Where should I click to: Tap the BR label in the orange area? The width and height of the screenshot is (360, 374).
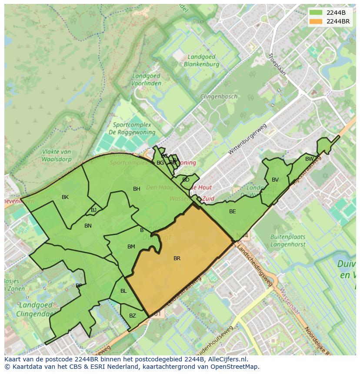tap(177, 258)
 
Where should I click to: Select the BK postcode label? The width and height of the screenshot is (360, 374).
tap(65, 197)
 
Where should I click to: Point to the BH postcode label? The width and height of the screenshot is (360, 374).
tap(137, 189)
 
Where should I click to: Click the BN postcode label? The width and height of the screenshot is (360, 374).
tap(88, 226)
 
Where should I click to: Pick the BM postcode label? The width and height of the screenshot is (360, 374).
tap(131, 247)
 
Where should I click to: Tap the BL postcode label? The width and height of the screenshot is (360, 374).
tap(123, 291)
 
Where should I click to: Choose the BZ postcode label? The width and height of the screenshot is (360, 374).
tap(133, 316)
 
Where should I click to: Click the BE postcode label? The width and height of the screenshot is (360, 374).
tap(233, 212)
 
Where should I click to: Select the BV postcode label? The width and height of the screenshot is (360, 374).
tap(275, 180)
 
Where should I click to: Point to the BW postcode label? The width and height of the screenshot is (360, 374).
tap(309, 159)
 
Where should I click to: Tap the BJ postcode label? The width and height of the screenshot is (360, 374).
tap(94, 210)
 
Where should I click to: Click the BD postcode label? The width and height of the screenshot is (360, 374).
tap(186, 180)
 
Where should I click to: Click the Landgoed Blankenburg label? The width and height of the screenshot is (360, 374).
tap(201, 60)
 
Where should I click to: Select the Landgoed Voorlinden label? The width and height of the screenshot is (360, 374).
tap(146, 79)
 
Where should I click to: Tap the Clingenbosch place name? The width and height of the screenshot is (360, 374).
tap(219, 96)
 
